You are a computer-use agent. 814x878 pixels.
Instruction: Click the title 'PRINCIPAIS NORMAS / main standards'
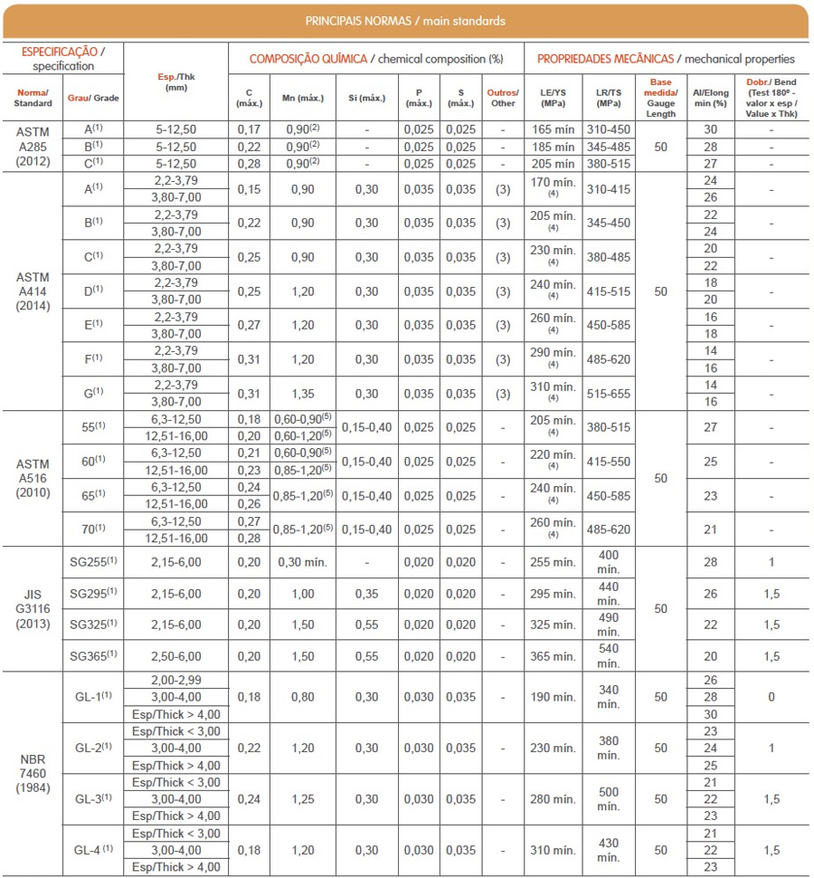coord(405,21)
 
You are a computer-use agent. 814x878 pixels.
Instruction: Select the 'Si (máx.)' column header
coord(366,98)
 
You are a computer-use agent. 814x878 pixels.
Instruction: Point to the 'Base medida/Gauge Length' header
coord(660,98)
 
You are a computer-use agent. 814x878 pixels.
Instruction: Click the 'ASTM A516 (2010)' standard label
coord(33,478)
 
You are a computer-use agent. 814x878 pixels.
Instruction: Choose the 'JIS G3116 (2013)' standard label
coord(33,608)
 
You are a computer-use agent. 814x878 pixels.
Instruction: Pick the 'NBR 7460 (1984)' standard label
coord(33,774)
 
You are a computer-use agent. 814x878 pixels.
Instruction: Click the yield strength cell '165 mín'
coord(553,129)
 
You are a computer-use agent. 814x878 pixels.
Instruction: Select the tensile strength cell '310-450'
coord(609,129)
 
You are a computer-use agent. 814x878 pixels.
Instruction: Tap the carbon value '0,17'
coord(249,129)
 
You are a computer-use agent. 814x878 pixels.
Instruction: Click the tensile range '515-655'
coord(609,394)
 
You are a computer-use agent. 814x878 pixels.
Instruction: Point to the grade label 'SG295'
coord(93,594)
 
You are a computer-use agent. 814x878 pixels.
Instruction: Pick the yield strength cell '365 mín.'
coord(553,656)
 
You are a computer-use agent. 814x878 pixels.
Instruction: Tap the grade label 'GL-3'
coord(93,799)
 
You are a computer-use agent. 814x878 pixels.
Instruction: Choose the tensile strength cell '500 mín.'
coord(609,799)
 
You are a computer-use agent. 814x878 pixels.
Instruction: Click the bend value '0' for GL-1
coord(771,697)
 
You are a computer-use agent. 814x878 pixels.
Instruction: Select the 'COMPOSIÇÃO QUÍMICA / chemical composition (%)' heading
coord(375,59)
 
